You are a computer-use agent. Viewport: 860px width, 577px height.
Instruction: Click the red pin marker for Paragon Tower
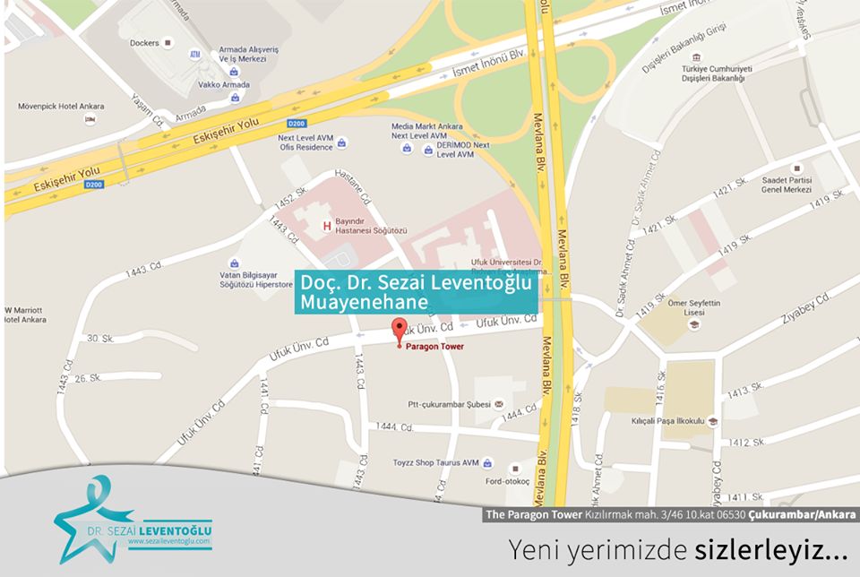(x=400, y=328)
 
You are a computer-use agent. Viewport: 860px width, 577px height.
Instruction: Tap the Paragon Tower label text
(x=435, y=346)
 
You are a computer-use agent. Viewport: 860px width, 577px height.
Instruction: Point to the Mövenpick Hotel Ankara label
(x=61, y=106)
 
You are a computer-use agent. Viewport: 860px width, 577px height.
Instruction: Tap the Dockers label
(x=144, y=43)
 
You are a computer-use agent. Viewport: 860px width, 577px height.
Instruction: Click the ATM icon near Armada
(x=195, y=54)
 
